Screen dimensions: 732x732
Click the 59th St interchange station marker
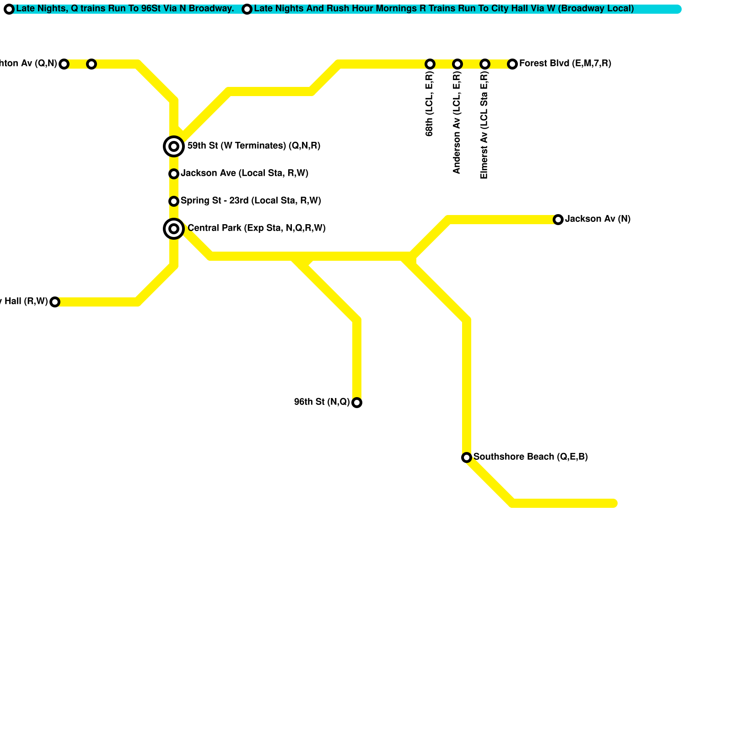pos(174,146)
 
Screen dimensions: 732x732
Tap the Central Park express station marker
pos(174,229)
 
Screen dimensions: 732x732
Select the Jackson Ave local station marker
pos(174,174)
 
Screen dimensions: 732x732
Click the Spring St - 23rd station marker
pos(174,201)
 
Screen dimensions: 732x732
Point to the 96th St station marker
pos(357,403)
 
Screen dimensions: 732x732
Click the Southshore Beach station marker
pos(467,457)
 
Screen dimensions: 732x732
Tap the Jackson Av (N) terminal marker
pos(558,220)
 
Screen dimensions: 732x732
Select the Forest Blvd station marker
pos(512,64)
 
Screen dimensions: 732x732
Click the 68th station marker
pos(430,64)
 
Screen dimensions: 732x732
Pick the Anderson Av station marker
pos(457,64)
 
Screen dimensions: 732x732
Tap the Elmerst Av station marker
pos(485,64)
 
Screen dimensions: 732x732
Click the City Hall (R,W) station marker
pos(55,302)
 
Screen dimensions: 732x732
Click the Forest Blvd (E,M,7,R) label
pos(565,64)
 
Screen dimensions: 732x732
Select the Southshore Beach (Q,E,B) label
pos(530,457)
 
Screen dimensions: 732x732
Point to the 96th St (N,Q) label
pos(322,402)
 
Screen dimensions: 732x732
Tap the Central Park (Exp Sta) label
pos(256,228)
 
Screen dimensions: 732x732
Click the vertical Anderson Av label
pos(457,123)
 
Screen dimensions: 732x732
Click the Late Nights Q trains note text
pos(125,9)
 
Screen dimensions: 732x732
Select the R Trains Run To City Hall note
pos(444,9)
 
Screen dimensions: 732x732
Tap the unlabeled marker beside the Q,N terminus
pos(91,64)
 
